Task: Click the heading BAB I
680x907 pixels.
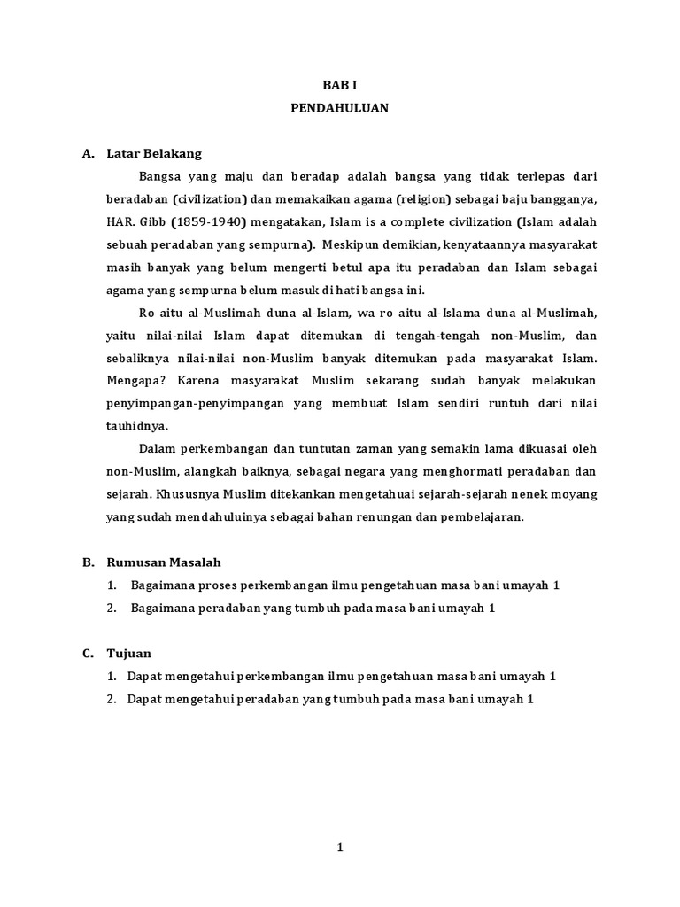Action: [339, 84]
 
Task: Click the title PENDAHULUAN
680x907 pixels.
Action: [339, 108]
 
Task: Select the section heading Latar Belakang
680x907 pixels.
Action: [154, 153]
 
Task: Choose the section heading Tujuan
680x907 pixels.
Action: [129, 653]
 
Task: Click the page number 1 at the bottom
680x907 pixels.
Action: [339, 848]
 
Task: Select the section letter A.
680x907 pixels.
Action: [88, 153]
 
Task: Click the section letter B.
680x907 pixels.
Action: [88, 562]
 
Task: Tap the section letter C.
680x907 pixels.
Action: [88, 653]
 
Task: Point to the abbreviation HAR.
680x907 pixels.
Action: [96, 221]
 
